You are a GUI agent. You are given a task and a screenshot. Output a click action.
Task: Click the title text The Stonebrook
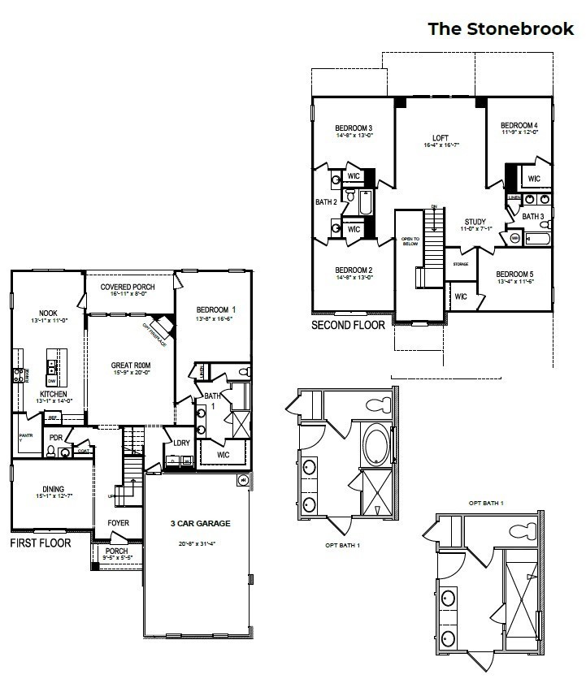501,29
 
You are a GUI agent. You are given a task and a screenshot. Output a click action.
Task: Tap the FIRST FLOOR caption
40,542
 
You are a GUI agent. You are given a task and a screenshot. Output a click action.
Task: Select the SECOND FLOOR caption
349,325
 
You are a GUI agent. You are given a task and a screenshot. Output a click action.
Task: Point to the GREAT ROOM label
132,365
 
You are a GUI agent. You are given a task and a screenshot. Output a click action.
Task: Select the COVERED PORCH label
128,288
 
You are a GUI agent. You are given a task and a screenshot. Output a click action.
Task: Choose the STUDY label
475,222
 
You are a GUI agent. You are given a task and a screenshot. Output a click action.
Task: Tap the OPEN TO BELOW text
409,241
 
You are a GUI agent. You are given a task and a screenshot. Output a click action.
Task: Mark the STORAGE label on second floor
460,263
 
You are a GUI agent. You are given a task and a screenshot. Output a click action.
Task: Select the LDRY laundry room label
180,443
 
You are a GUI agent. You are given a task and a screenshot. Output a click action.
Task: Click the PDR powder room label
56,437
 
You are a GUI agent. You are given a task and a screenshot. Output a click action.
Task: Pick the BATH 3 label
532,216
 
